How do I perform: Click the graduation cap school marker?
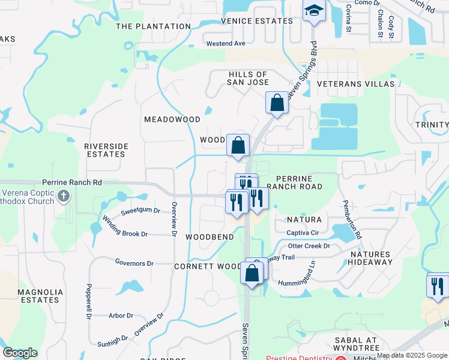click(x=313, y=11)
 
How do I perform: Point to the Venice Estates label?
click(x=256, y=21)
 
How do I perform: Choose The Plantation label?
click(x=153, y=26)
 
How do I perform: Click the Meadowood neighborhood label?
click(x=172, y=119)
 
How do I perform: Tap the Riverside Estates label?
click(x=105, y=150)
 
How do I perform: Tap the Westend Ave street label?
click(x=226, y=44)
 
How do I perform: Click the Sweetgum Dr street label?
click(x=140, y=211)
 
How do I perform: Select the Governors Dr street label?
click(x=134, y=263)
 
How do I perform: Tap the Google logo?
click(x=20, y=353)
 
